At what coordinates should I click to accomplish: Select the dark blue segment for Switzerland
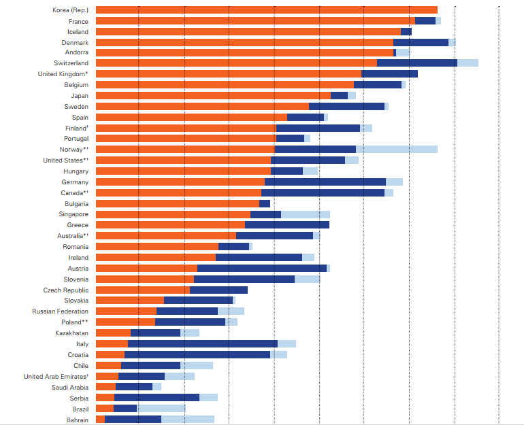point(416,63)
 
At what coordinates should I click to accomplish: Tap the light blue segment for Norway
point(396,150)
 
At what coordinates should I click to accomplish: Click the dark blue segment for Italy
point(202,344)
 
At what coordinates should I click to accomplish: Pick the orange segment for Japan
point(212,96)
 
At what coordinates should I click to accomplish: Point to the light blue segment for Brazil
point(161,409)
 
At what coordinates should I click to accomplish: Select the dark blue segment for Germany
point(325,182)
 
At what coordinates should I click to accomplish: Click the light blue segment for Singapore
point(305,214)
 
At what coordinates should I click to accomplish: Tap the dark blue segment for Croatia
point(197,355)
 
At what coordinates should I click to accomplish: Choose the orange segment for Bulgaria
point(177,203)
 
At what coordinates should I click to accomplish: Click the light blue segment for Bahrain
point(187,420)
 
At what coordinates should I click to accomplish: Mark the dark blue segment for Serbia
point(157,398)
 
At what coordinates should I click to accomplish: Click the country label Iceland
point(77,31)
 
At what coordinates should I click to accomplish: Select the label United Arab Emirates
point(56,376)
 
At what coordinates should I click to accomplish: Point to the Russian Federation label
point(60,311)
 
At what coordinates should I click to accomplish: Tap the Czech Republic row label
point(65,290)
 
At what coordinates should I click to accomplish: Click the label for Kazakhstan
point(71,333)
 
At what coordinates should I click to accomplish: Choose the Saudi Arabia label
point(69,387)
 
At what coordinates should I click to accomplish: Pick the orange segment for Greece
point(170,225)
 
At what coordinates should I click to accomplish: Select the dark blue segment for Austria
point(261,268)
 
